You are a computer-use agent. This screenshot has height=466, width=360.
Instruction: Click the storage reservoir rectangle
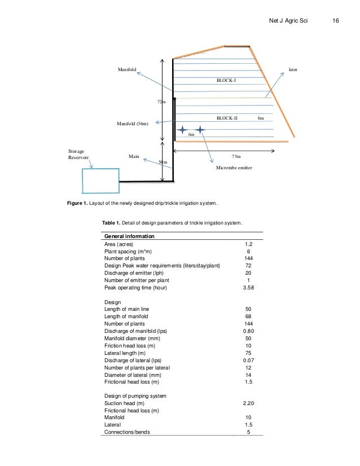pyautogui.click(x=100, y=181)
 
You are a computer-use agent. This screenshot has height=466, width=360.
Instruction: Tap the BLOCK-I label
pyautogui.click(x=227, y=81)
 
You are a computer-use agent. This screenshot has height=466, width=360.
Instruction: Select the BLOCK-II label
pyautogui.click(x=227, y=118)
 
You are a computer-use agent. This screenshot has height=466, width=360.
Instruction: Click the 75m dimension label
pyautogui.click(x=236, y=156)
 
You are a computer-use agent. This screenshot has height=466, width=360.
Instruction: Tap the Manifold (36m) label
pyautogui.click(x=133, y=123)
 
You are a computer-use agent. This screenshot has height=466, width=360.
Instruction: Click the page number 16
pyautogui.click(x=335, y=21)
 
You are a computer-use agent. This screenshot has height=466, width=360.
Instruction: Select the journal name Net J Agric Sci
pyautogui.click(x=288, y=21)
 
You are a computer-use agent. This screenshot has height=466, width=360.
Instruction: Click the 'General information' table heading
pyautogui.click(x=130, y=236)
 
